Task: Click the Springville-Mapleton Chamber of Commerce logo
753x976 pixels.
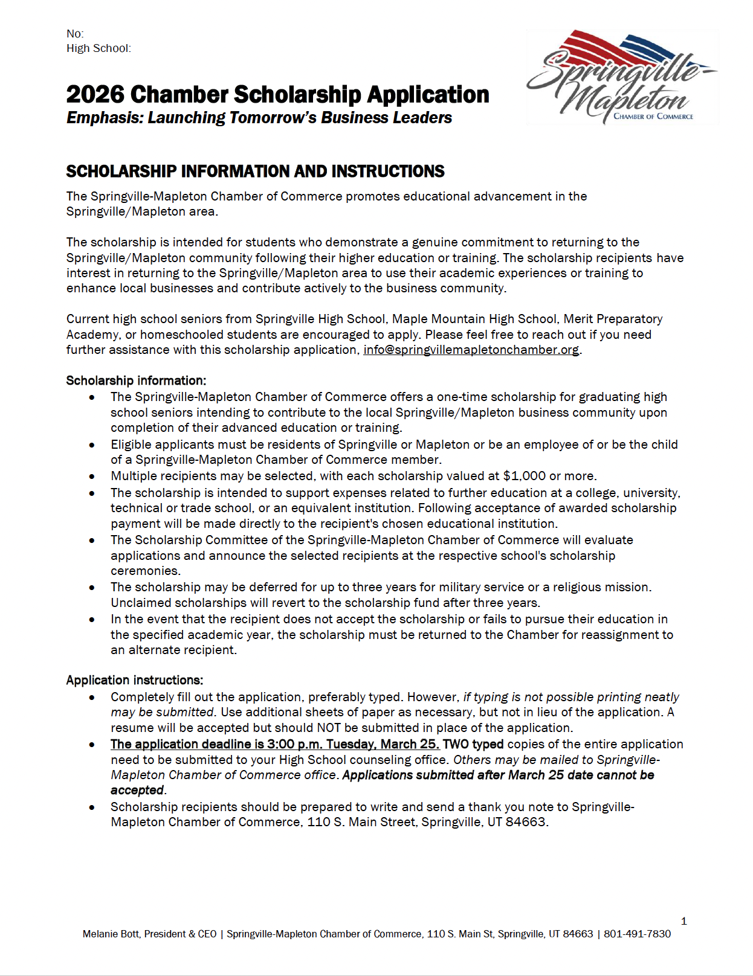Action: coord(622,77)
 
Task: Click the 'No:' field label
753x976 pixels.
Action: coord(75,34)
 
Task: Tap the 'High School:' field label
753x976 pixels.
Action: coord(99,48)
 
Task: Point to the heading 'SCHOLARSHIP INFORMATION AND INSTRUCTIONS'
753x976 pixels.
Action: coord(255,172)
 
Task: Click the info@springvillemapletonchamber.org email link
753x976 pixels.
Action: coord(471,350)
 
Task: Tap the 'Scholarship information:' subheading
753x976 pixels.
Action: coord(136,380)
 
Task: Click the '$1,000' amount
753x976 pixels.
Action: coord(524,476)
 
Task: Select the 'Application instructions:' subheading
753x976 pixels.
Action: coord(134,680)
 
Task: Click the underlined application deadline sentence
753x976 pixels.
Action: coord(275,744)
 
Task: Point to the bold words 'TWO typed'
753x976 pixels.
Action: coord(473,744)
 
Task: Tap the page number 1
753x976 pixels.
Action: coord(684,921)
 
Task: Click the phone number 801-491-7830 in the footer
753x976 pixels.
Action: coord(637,934)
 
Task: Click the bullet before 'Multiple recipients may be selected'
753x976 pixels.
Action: coord(92,477)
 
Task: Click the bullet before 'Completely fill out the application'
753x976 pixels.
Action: coord(92,698)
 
